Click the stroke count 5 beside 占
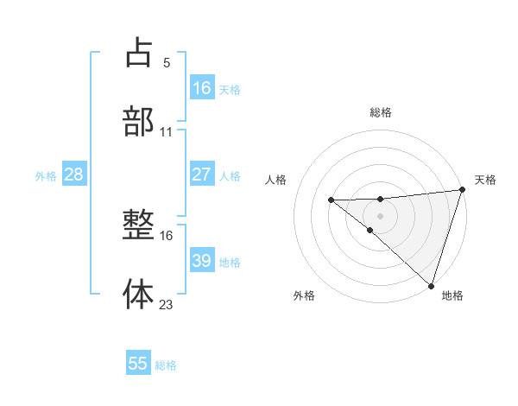(x=167, y=62)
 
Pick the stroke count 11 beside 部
(x=167, y=131)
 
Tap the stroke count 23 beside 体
(x=167, y=304)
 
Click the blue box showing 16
(x=202, y=88)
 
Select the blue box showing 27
(x=202, y=174)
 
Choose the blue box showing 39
(x=202, y=261)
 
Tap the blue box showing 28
(x=74, y=174)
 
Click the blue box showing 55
(x=138, y=364)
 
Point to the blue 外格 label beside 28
(x=46, y=175)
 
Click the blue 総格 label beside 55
(x=166, y=365)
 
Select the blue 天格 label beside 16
(x=230, y=89)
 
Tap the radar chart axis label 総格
(x=381, y=112)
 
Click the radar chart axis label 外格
(x=304, y=295)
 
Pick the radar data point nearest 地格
(x=431, y=285)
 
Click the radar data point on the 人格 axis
(x=331, y=200)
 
